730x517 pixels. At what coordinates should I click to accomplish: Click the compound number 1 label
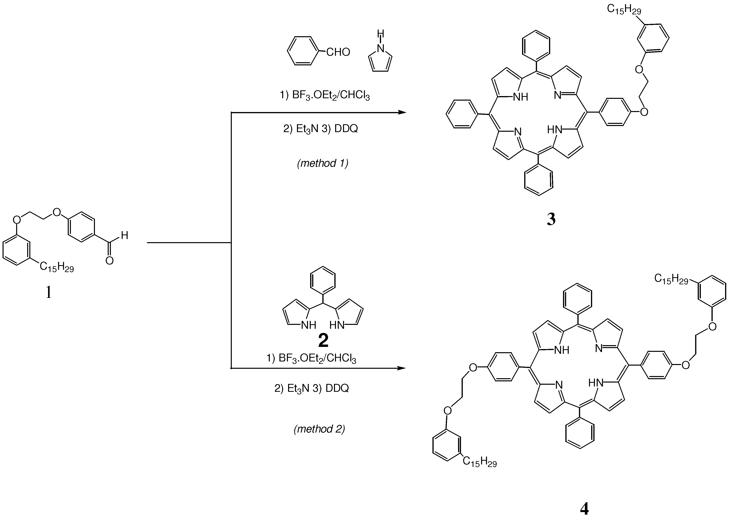[48, 292]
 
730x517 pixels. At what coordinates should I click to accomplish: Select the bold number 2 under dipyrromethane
[323, 340]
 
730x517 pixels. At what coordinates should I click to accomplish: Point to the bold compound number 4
[584, 508]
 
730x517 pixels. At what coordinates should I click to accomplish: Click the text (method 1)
[323, 163]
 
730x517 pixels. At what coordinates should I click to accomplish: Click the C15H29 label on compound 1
[57, 267]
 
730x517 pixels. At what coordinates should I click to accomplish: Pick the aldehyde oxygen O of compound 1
[109, 261]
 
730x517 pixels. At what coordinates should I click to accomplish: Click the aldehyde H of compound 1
[124, 236]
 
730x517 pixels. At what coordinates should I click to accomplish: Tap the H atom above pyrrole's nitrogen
[380, 34]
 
